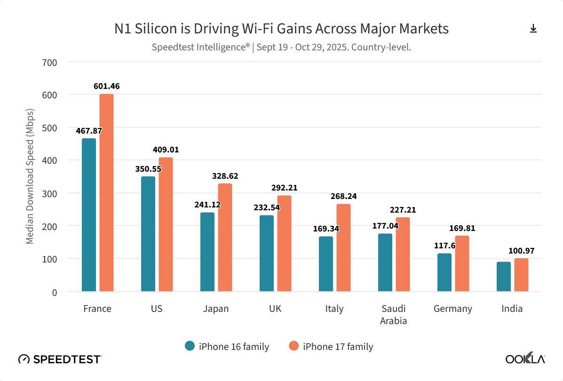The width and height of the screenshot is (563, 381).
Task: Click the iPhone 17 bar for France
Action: (x=106, y=193)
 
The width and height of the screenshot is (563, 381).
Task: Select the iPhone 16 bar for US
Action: (x=148, y=234)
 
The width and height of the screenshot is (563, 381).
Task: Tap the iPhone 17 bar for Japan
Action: (x=225, y=238)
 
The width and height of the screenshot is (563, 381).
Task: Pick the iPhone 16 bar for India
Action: (x=504, y=277)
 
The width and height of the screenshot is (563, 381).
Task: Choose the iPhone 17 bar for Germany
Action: (x=462, y=263)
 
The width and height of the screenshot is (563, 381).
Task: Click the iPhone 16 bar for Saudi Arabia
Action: (x=385, y=262)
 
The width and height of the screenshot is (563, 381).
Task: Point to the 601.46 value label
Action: (x=106, y=86)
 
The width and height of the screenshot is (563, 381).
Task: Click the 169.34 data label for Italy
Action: (x=326, y=229)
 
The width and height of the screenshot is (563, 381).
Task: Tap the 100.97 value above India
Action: (x=521, y=251)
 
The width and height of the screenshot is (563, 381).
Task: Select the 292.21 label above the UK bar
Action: (x=284, y=188)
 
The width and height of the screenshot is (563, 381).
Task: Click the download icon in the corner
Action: (x=533, y=29)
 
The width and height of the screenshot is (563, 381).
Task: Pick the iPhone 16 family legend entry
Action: (x=227, y=347)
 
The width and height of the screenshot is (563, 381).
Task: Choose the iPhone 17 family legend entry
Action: (x=331, y=347)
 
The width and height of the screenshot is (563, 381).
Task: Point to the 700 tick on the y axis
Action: (x=49, y=62)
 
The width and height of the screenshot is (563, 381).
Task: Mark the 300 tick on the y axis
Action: (x=49, y=193)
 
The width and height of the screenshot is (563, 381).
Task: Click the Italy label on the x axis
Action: (x=334, y=309)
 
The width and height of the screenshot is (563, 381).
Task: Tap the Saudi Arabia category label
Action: (x=394, y=315)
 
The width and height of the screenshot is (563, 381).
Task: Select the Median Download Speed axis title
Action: (x=30, y=176)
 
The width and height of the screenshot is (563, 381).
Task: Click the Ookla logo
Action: (x=525, y=359)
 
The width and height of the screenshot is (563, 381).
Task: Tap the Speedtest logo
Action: (x=60, y=359)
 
